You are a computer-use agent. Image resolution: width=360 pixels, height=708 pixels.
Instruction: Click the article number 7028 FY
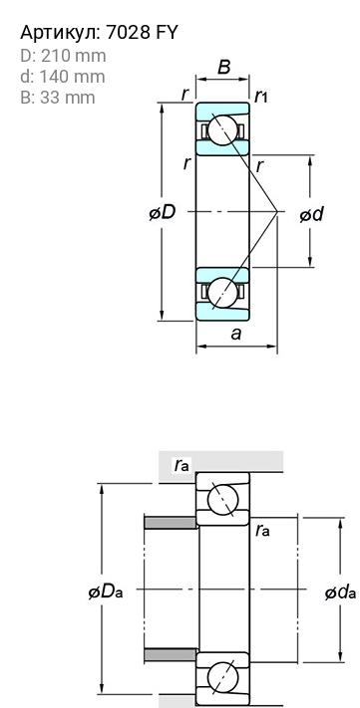142,33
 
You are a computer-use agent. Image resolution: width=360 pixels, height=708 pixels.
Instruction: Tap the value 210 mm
73,56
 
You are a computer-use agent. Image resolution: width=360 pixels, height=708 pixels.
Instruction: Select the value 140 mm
72,77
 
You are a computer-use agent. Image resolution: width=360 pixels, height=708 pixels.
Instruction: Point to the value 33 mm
68,97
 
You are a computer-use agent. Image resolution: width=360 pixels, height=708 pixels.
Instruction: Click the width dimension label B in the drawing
223,67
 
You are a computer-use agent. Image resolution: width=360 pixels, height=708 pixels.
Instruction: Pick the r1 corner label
261,96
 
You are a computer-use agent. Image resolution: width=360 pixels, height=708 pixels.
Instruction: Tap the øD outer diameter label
163,212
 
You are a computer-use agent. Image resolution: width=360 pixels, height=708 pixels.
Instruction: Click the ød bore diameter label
311,214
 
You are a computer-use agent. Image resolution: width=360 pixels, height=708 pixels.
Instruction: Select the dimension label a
235,334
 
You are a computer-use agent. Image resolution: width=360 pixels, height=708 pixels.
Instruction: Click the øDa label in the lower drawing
106,591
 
